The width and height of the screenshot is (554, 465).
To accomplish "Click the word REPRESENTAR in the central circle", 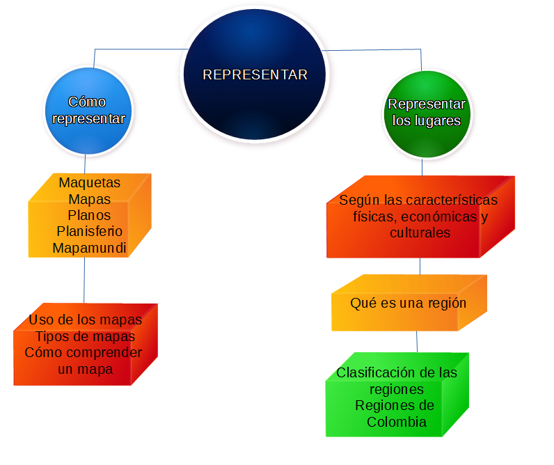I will pyautogui.click(x=255, y=75).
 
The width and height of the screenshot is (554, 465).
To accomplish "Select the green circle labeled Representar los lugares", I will pyautogui.click(x=426, y=113).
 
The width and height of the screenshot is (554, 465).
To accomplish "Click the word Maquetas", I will pyautogui.click(x=89, y=183).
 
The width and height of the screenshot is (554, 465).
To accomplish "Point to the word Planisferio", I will pyautogui.click(x=90, y=231).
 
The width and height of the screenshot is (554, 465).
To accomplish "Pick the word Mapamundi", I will pyautogui.click(x=90, y=248).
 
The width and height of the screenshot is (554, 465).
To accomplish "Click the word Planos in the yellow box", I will pyautogui.click(x=89, y=215).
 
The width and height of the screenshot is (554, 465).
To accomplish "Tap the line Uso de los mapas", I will pyautogui.click(x=86, y=320).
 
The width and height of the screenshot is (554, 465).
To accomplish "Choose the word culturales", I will pyautogui.click(x=420, y=233).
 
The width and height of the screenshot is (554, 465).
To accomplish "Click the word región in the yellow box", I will pyautogui.click(x=445, y=304).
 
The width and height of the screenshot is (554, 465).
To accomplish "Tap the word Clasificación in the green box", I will pyautogui.click(x=372, y=372).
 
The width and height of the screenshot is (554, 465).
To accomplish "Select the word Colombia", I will pyautogui.click(x=397, y=423).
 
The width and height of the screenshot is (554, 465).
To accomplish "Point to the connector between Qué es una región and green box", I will pyautogui.click(x=417, y=341).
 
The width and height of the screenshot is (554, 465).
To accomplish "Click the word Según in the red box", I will pyautogui.click(x=356, y=200).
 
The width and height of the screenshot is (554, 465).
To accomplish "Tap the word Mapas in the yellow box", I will pyautogui.click(x=89, y=199).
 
